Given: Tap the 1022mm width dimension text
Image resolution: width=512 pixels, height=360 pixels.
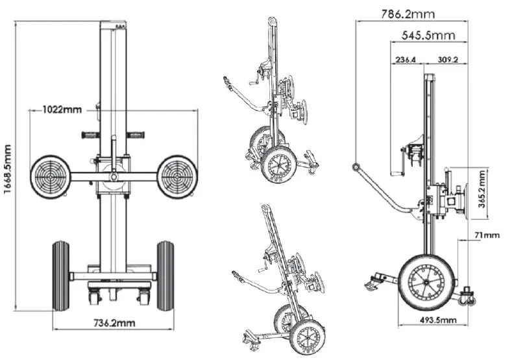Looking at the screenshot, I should tap(62, 109).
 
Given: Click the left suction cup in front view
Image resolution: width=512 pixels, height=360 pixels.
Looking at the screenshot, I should tap(50, 176).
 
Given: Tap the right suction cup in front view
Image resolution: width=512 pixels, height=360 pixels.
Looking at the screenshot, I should tap(177, 176).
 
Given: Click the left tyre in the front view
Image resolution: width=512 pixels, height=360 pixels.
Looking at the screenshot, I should tap(60, 275).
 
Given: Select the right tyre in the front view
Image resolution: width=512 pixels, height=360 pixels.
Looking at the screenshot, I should tap(165, 275).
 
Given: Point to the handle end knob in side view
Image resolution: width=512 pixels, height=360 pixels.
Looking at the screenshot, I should tap(356, 167).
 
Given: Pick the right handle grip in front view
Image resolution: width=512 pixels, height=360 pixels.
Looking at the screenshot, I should tap(135, 136).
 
